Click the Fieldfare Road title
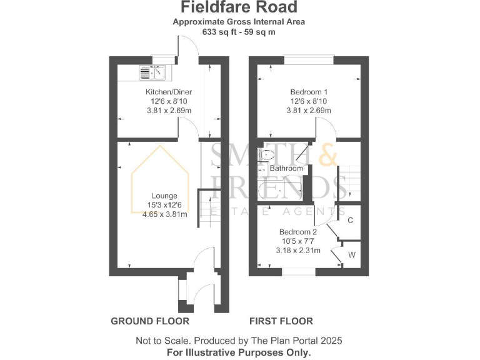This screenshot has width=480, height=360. [239, 7]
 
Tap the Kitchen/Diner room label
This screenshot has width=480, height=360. [164, 92]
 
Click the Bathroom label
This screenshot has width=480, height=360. [286, 168]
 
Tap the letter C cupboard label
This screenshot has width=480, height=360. [351, 221]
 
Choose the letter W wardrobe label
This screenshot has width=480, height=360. [351, 255]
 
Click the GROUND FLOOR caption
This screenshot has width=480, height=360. [150, 321]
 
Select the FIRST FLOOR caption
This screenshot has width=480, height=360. [281, 321]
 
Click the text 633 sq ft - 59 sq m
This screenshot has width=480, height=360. [239, 31]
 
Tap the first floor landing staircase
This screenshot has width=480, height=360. [349, 177]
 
